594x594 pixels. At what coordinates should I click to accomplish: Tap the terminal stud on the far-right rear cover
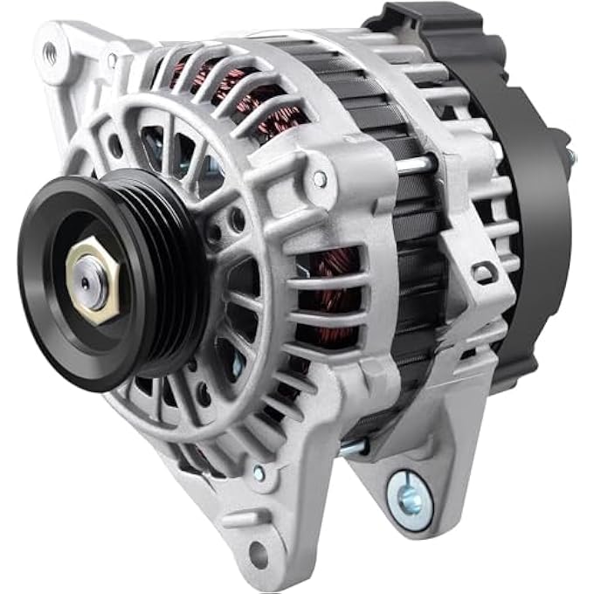570,158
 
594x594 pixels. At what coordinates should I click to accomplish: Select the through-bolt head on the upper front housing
321,179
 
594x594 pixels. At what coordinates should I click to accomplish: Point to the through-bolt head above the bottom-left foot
259,473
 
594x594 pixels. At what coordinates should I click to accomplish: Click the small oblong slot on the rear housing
483,273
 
